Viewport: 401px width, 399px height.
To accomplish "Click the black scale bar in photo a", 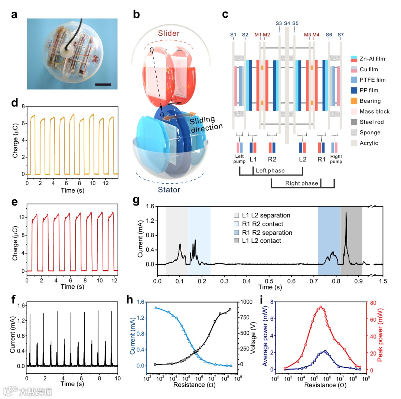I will (x=103, y=85).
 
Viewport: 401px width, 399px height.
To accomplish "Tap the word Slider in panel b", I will (x=168, y=33).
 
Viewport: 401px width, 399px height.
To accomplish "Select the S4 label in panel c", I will (x=287, y=23).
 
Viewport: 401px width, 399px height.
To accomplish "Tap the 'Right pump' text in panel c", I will (x=336, y=159).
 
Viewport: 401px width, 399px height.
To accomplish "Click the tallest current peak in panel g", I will (x=346, y=213).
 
